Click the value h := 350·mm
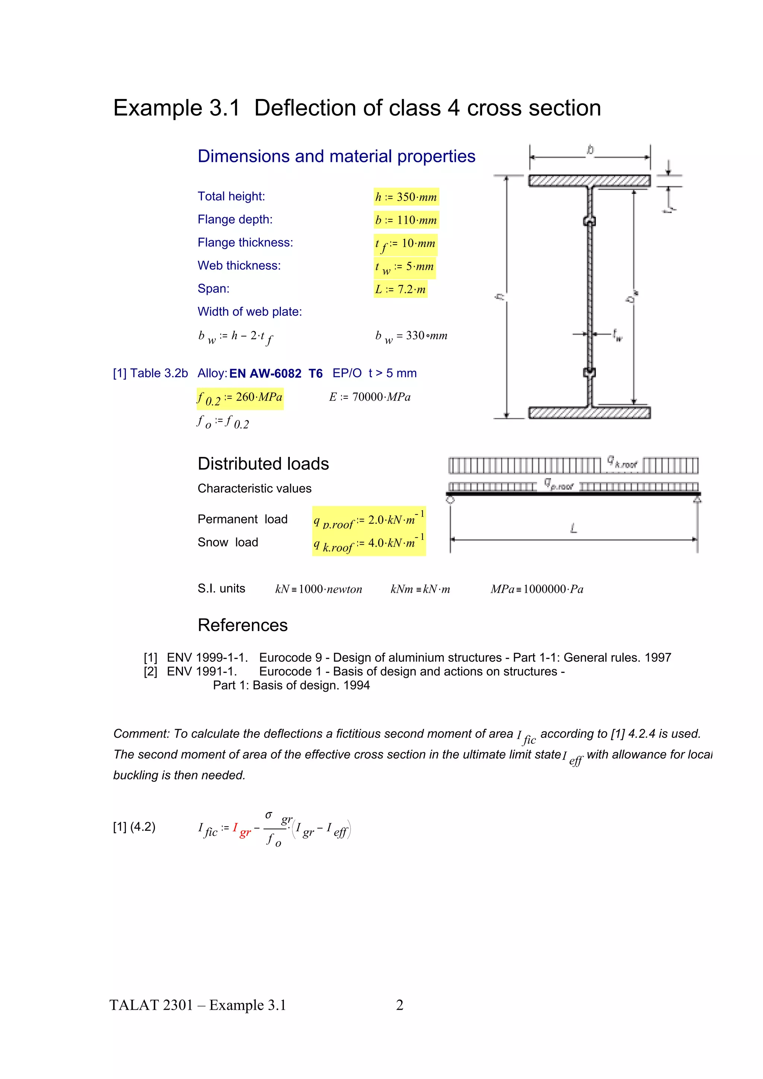coord(406,197)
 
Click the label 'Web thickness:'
coord(239,265)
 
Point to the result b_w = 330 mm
coord(411,336)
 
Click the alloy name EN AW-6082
coord(265,373)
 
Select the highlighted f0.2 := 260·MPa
coord(240,398)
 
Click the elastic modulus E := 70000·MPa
coord(370,397)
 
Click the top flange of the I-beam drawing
coord(589,181)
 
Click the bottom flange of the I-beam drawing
coord(589,413)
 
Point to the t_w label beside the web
coord(617,335)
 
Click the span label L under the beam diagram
coord(573,528)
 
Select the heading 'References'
coord(242,626)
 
